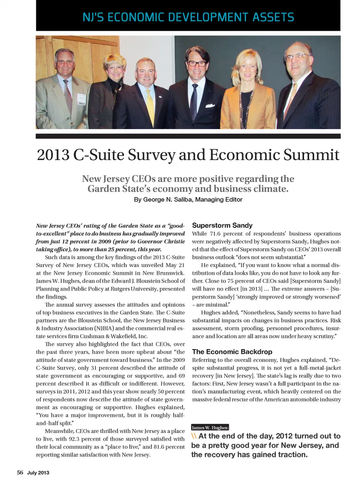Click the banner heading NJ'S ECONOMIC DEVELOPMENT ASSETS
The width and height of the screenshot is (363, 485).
[188, 17]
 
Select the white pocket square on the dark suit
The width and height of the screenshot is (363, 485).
[210, 106]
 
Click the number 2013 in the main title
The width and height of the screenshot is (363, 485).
[53, 155]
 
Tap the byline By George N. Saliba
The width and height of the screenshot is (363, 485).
[188, 199]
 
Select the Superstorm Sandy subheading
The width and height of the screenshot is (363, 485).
[222, 226]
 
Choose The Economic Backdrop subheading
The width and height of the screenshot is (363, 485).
[232, 352]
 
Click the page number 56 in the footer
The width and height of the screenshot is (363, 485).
[20, 473]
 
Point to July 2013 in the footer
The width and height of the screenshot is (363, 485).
[38, 473]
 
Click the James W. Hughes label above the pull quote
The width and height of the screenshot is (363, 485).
[210, 428]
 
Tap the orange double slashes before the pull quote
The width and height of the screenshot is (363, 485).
[194, 436]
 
